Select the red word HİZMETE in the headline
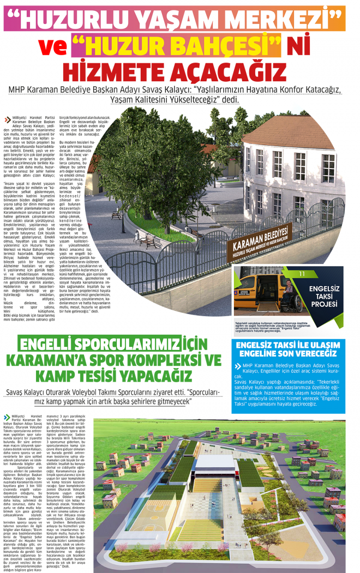point(116,71)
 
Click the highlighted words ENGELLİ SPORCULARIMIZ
point(107,345)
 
